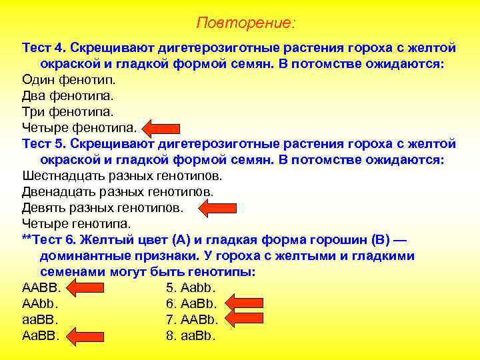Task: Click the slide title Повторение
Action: (245, 23)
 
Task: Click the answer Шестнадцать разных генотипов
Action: (122, 176)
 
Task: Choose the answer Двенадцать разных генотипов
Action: (118, 192)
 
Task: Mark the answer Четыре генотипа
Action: (77, 224)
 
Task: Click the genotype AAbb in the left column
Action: (41, 304)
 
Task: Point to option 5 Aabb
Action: (191, 288)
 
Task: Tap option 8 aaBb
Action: (191, 336)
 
